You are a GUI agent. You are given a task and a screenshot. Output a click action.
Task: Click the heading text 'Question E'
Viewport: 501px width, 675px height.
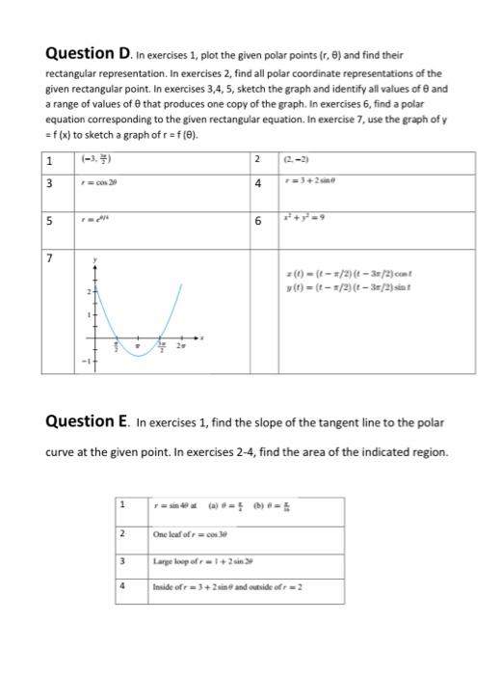[x=88, y=420]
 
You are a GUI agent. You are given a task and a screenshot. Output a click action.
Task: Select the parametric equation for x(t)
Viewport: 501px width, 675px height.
[x=337, y=276]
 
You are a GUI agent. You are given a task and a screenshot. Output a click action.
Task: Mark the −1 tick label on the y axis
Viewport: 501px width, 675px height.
[x=85, y=361]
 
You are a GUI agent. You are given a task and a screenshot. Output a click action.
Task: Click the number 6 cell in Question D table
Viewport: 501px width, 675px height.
[x=258, y=220]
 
